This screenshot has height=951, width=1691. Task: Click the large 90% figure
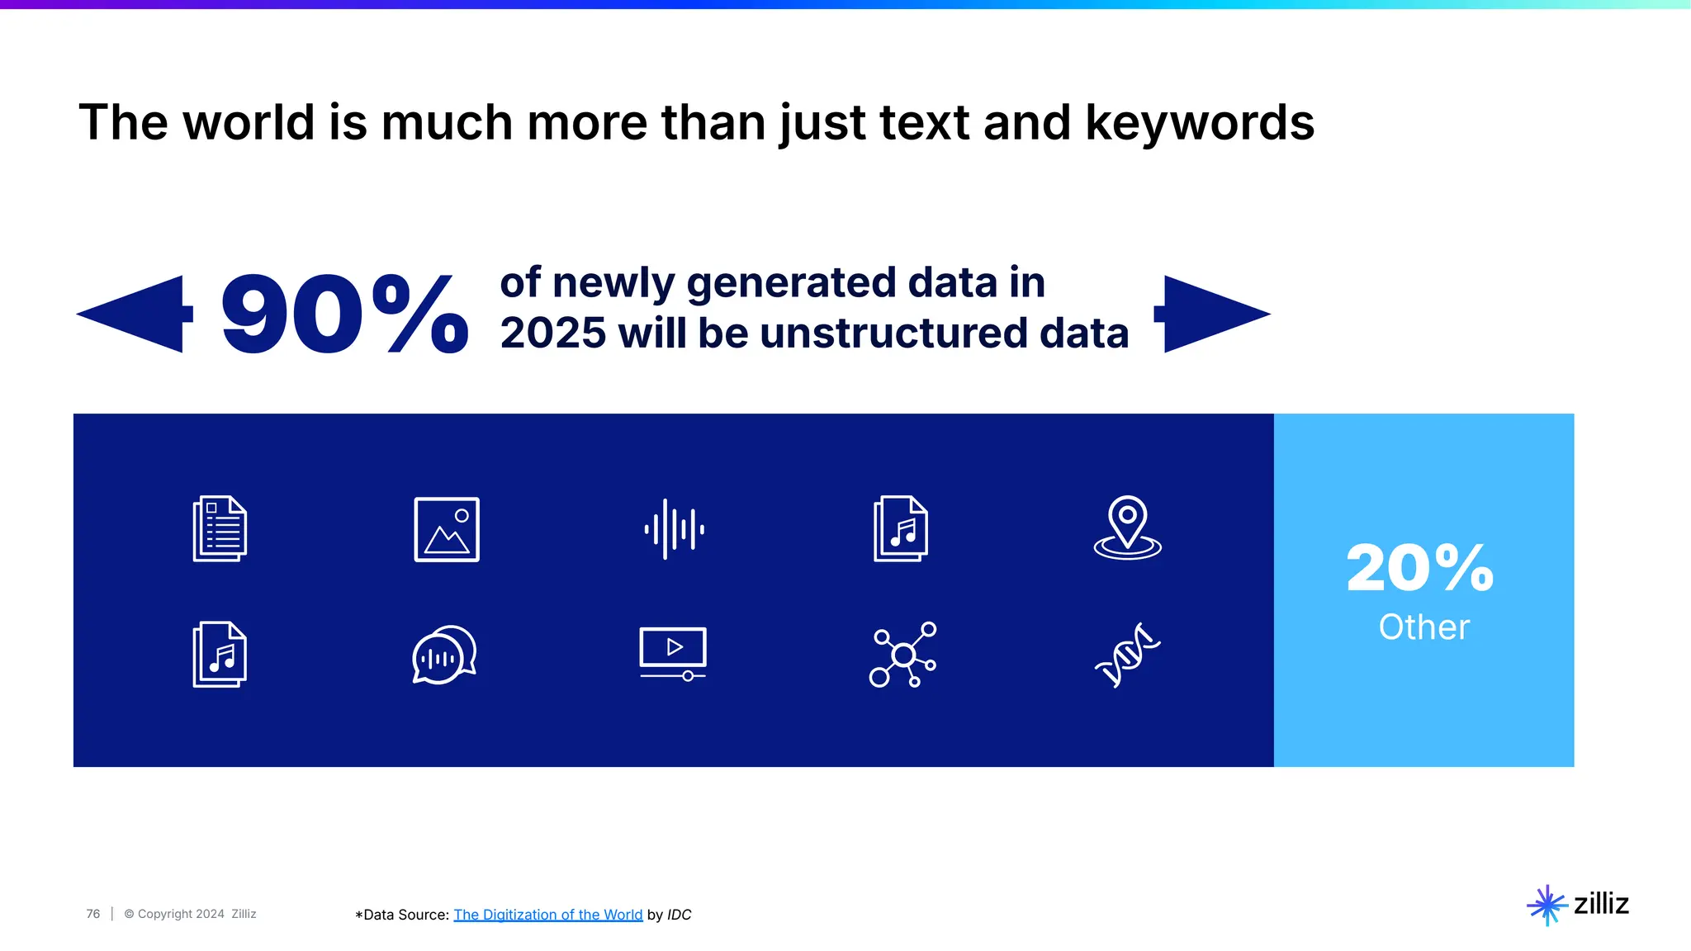[x=343, y=315]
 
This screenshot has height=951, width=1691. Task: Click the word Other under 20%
[x=1423, y=627]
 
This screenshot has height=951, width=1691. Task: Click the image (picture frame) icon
[x=447, y=529]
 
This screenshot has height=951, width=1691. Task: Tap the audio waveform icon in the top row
[x=674, y=529]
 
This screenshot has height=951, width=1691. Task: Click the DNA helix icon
[x=1127, y=655]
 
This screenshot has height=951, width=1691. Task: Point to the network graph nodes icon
[x=902, y=655]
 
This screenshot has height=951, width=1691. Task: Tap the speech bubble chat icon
[x=444, y=655]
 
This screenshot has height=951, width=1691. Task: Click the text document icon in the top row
[x=220, y=529]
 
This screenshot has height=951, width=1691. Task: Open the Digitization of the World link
[x=547, y=915]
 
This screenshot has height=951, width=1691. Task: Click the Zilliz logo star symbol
[x=1547, y=906]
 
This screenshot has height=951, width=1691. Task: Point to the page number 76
[x=92, y=914]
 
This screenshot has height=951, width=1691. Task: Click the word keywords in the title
[x=1199, y=123]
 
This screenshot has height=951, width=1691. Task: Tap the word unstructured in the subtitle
[x=893, y=334]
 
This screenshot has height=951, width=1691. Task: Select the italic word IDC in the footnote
[x=679, y=915]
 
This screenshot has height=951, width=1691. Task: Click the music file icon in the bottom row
[x=220, y=655]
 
